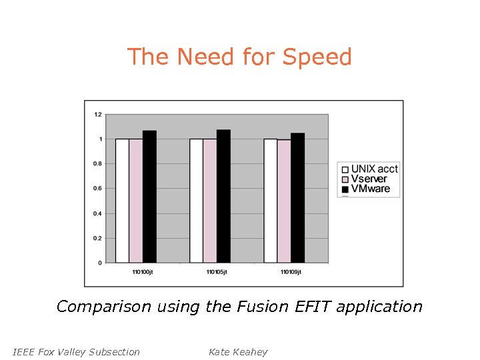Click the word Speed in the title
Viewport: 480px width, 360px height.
(x=317, y=57)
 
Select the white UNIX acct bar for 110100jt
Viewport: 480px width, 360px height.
(x=122, y=201)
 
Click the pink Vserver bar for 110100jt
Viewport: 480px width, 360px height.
(x=135, y=201)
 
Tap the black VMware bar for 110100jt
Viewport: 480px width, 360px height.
(x=149, y=197)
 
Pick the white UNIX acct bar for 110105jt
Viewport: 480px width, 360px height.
(x=196, y=201)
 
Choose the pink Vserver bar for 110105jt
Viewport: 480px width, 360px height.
(x=209, y=201)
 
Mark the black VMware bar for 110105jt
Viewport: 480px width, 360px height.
(x=223, y=196)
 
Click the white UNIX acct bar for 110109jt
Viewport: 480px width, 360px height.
(x=270, y=201)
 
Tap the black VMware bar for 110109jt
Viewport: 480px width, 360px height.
(x=297, y=198)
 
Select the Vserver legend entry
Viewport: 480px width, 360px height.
(x=364, y=179)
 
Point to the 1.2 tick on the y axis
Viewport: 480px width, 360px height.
(x=97, y=115)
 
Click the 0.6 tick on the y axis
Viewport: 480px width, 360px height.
(x=97, y=189)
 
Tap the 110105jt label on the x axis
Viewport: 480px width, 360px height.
(x=217, y=272)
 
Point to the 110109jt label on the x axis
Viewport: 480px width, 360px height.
(x=291, y=272)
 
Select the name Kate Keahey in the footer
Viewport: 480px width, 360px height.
(x=237, y=352)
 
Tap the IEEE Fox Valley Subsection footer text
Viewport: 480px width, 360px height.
(x=76, y=352)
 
